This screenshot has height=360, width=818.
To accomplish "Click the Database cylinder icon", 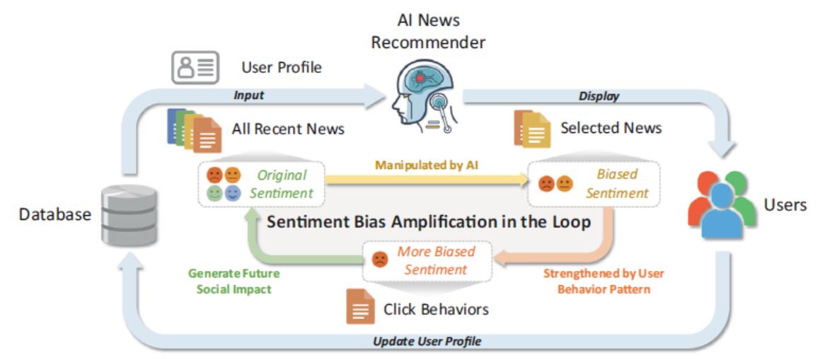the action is coord(130,215).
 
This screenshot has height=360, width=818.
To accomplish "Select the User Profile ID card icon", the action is coord(195,67).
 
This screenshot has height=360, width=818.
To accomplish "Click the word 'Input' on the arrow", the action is coord(249,95).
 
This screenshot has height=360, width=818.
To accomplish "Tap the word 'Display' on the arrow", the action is coord(599,96).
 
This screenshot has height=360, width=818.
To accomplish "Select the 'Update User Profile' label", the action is coord(427,342).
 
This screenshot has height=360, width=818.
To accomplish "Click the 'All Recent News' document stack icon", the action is coord(194,130).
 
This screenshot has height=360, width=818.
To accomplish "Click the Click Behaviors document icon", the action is coord(360,307).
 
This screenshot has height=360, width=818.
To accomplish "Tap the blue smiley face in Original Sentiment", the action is coord(233,194).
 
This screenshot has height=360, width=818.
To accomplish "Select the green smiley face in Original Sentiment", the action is coord(215,194).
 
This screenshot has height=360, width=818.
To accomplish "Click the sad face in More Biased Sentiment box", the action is coord(379,260).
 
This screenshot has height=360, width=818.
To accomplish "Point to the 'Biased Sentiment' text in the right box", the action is coord(617,184).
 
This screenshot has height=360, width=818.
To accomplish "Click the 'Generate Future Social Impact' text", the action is coord(234,281).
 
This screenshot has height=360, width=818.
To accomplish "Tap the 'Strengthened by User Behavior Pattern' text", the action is coord(604,281).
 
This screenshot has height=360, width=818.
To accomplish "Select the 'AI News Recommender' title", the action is coord(428,31).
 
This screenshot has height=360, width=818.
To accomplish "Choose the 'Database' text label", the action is coord(55,214).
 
